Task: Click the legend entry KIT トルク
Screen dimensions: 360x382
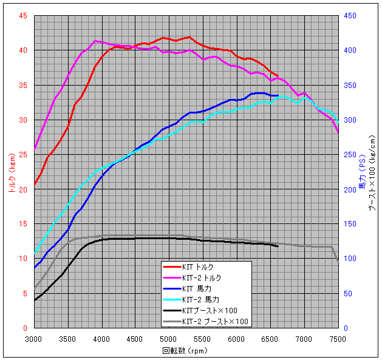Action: coord(197,267)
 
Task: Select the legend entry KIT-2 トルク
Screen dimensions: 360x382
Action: coord(202,277)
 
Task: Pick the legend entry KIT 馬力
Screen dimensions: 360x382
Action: coord(197,288)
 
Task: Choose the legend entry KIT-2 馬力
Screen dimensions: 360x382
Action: coord(202,299)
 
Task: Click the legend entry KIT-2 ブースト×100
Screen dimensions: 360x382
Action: coord(211,322)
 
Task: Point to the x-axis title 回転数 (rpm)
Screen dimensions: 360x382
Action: coord(185,351)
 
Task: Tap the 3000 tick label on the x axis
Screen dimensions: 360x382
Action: coord(34,339)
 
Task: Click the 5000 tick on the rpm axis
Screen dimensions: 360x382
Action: coord(169,339)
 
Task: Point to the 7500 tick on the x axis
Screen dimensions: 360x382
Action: coord(338,339)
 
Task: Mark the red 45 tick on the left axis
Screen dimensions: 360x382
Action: coord(22,15)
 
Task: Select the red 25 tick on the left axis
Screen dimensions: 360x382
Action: coord(22,154)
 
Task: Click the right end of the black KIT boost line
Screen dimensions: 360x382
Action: coord(278,246)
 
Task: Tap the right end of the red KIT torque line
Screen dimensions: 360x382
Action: coord(278,75)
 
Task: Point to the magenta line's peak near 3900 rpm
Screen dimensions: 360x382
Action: coord(95,41)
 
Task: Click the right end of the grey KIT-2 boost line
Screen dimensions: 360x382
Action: coord(338,261)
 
